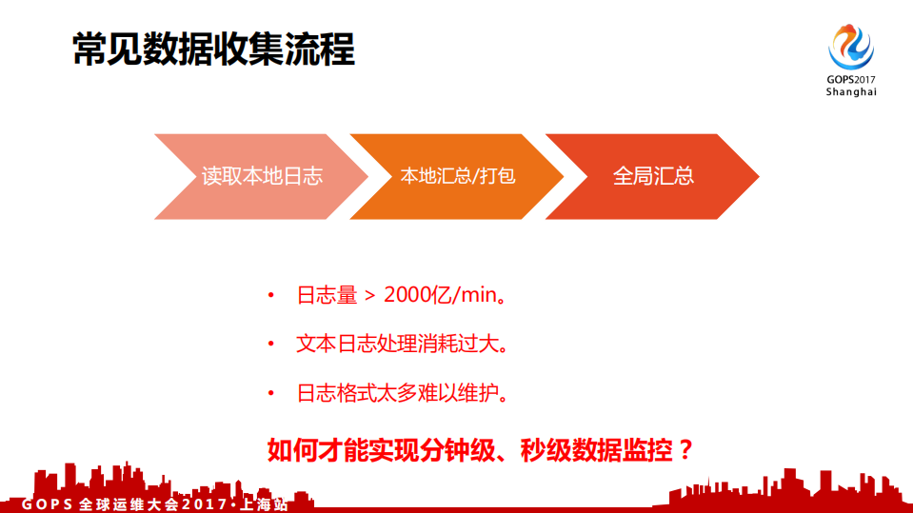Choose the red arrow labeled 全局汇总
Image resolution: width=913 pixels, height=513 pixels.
click(x=653, y=176)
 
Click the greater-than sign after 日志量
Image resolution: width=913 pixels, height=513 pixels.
click(x=370, y=296)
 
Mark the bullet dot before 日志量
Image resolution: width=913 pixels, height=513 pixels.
click(x=271, y=296)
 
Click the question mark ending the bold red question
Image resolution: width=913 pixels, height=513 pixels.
click(x=682, y=448)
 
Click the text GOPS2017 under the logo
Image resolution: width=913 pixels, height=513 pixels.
click(x=850, y=80)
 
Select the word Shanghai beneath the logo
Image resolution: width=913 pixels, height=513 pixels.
click(x=850, y=92)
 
